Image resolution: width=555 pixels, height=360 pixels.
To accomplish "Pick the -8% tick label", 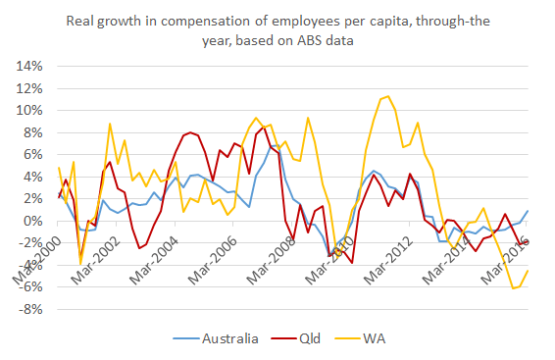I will point(31,310).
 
